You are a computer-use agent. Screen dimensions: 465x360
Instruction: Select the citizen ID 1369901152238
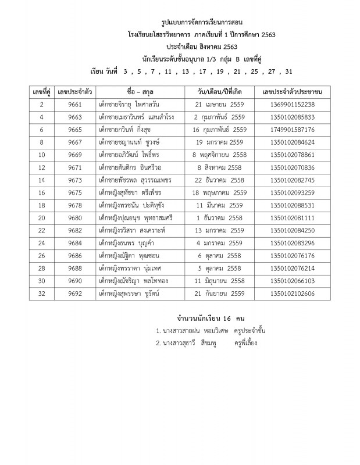(293, 105)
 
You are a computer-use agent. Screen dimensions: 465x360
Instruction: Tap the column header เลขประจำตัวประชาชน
(293, 92)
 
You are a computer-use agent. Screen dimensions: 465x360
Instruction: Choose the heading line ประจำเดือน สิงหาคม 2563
(202, 46)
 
